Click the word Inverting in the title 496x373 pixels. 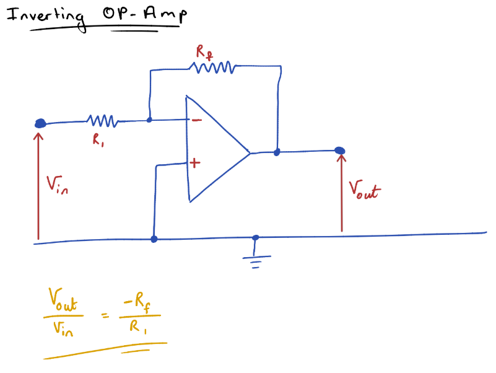pos(45,17)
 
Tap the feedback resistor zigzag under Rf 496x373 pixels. pos(214,67)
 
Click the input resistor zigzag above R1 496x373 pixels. pos(102,120)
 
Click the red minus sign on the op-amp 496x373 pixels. pos(195,120)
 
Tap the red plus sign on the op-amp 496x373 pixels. pos(195,164)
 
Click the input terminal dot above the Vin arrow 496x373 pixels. pos(40,123)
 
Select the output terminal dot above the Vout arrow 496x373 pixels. pos(339,151)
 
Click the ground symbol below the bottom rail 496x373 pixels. pos(255,261)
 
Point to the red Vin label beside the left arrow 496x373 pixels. pos(57,184)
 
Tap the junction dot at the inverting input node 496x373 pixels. pos(149,120)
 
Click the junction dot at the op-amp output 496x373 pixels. pos(277,151)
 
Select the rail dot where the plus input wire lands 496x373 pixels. pos(154,239)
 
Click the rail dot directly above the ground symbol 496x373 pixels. pos(255,237)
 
